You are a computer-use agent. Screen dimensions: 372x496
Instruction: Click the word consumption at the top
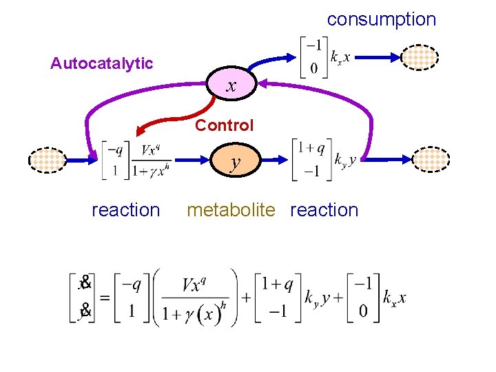[x=382, y=19]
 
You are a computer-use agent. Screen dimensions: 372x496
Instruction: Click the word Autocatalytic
[x=102, y=64]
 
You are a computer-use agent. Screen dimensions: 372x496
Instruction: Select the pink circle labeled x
[x=232, y=85]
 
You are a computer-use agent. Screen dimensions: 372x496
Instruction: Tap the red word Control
[x=224, y=125]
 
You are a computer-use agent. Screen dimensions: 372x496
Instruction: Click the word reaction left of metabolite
[x=125, y=210]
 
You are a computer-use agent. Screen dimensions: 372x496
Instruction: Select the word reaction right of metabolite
[x=324, y=210]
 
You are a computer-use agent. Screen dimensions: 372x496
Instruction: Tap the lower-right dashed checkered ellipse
[x=430, y=160]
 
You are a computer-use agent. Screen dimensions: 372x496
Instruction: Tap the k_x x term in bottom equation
[x=394, y=298]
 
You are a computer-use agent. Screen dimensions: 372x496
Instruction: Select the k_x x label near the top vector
[x=339, y=59]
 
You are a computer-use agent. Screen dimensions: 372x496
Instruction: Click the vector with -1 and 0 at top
[x=312, y=59]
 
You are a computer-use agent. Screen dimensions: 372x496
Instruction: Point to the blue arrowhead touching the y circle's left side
[x=206, y=161]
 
